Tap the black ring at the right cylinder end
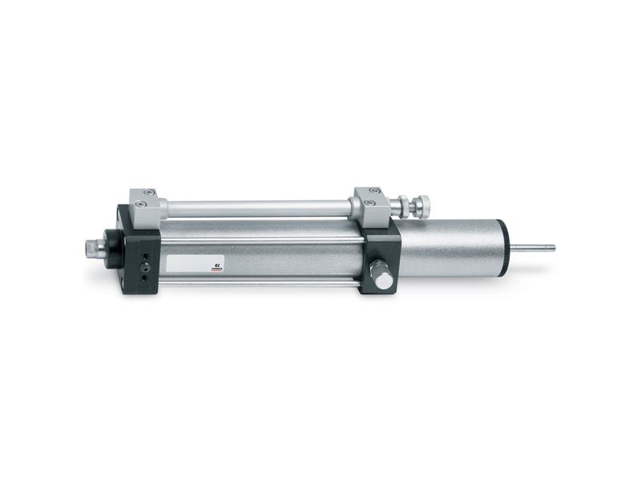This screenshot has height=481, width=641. (502, 248)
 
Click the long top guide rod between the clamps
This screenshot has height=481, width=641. (256, 208)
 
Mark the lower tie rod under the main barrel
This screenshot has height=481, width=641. (256, 283)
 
